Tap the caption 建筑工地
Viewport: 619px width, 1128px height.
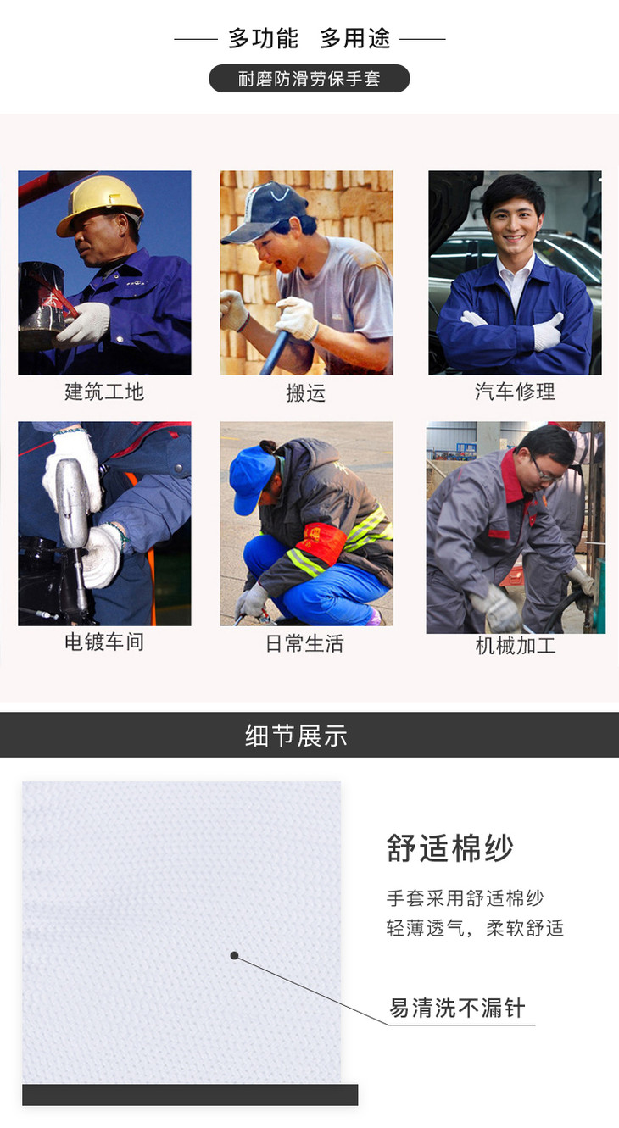[104, 392]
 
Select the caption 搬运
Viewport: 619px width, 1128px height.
[306, 392]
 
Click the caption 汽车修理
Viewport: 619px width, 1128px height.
[515, 392]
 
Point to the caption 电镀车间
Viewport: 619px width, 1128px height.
[104, 642]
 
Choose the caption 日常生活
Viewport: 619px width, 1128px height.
[304, 643]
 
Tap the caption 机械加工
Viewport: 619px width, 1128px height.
[516, 646]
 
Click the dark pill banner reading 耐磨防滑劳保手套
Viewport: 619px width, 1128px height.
[309, 79]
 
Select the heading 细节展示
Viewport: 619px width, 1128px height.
[296, 736]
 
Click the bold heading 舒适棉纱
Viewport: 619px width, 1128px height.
[449, 848]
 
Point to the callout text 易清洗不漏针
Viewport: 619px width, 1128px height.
[457, 1008]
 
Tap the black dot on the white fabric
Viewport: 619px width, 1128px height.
[234, 955]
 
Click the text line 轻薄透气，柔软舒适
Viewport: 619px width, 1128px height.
[475, 928]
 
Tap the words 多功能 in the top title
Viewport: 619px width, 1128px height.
[264, 39]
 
